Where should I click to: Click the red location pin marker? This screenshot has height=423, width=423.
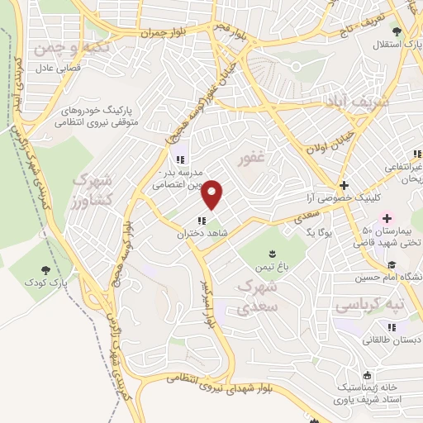point(212,194)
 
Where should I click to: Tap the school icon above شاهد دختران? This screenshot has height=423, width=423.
point(202,220)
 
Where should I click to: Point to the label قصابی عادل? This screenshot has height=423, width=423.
point(58,71)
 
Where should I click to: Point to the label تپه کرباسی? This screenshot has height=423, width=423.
point(370,306)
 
